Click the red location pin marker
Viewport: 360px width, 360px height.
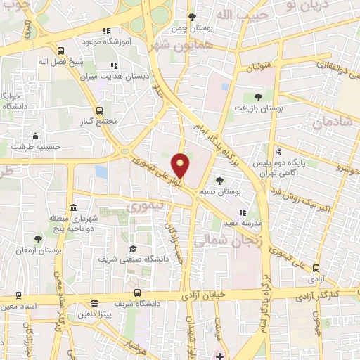(x=181, y=165)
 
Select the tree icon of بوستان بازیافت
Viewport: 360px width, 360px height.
(x=258, y=97)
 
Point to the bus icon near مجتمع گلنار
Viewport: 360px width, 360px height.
(x=99, y=110)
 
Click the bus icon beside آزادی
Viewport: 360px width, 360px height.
(x=316, y=268)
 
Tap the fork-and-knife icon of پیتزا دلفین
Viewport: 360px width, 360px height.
(x=94, y=304)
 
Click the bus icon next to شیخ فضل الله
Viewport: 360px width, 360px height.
(x=61, y=51)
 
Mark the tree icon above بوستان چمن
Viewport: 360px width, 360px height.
(x=192, y=17)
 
